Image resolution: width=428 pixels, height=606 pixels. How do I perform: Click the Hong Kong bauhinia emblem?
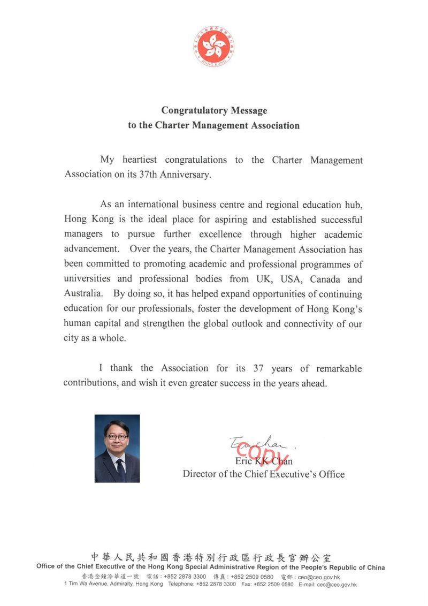[x=213, y=46]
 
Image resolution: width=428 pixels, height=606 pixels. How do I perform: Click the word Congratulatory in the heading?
[x=194, y=111]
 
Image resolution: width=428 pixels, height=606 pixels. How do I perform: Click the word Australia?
[x=81, y=294]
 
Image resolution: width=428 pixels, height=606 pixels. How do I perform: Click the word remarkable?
[x=339, y=368]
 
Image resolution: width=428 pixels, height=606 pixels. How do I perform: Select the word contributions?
[x=88, y=383]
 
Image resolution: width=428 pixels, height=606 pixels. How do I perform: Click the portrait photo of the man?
[x=117, y=448]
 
